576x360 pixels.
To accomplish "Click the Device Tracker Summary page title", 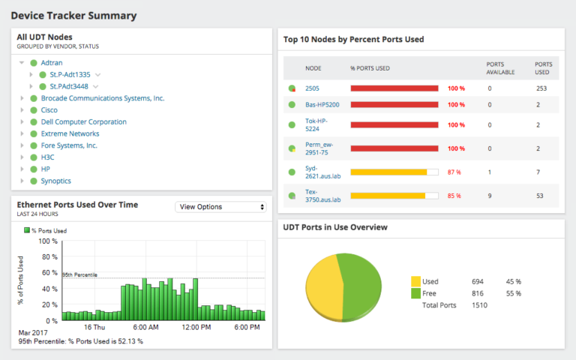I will [x=73, y=15].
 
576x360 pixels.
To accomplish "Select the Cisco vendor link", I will [x=49, y=110].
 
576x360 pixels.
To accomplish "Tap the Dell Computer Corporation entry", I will [x=83, y=121].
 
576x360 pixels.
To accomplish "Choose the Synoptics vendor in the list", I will [x=56, y=181].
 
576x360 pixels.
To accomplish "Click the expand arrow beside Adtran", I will [x=22, y=63].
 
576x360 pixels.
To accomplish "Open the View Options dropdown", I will [x=220, y=207].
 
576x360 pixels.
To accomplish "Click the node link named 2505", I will [x=312, y=88].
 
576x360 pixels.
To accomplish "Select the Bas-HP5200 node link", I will [x=322, y=105].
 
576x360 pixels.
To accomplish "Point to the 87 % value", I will [x=454, y=172].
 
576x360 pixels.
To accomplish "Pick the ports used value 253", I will [x=541, y=88].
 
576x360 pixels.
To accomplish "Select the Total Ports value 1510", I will [x=480, y=305].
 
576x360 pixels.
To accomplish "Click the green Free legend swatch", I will [x=415, y=293].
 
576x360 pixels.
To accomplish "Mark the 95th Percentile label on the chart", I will [x=80, y=274].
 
